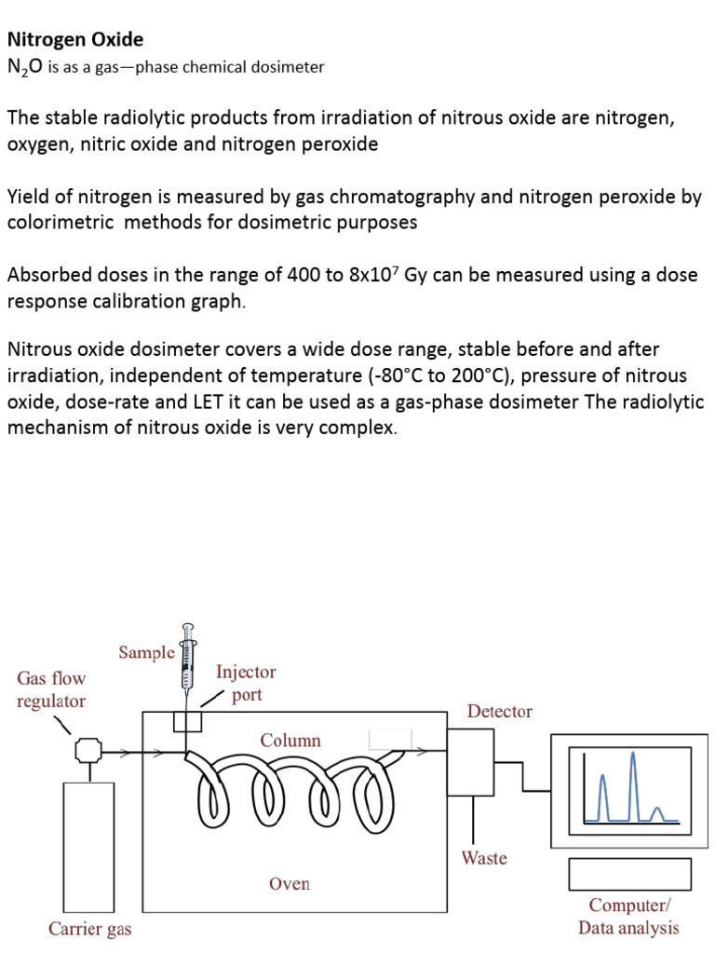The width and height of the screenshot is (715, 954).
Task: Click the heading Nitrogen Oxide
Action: pyautogui.click(x=75, y=40)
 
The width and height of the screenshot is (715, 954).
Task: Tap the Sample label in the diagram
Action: pyautogui.click(x=146, y=652)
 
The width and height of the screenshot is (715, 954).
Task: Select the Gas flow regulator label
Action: pyautogui.click(x=51, y=689)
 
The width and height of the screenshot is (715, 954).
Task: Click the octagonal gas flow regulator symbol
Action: pyautogui.click(x=88, y=749)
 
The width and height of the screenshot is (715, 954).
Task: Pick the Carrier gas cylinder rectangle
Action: pyautogui.click(x=88, y=847)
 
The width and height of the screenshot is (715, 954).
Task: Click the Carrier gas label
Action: pyautogui.click(x=90, y=928)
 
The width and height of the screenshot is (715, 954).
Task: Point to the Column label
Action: pyautogui.click(x=290, y=741)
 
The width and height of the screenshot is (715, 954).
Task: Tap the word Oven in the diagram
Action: pyautogui.click(x=289, y=883)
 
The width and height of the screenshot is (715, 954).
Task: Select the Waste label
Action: pyautogui.click(x=484, y=857)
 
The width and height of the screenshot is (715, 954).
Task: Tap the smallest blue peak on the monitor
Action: pyautogui.click(x=658, y=813)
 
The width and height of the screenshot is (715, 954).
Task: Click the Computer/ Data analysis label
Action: pyautogui.click(x=628, y=916)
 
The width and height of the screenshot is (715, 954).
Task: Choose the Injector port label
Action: pyautogui.click(x=246, y=683)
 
